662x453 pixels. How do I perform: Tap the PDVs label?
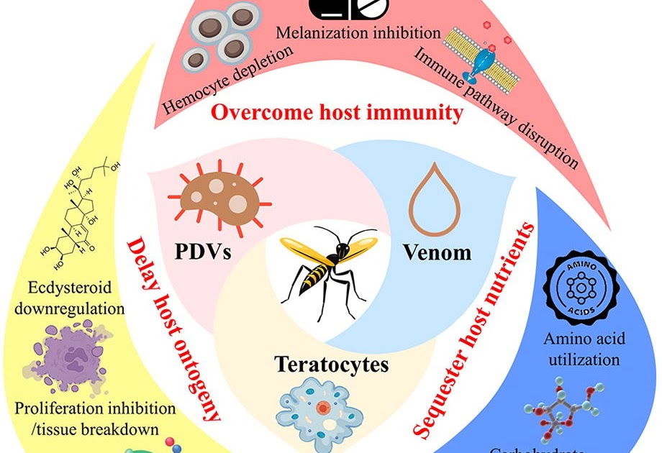204,252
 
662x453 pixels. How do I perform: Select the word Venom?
437,252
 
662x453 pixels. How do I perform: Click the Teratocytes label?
331,365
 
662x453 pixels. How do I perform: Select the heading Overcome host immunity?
337,112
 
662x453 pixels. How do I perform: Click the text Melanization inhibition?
358,32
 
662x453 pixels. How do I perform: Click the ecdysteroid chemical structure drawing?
83,223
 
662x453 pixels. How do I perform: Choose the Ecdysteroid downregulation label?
70,298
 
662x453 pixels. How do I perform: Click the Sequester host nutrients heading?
475,327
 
